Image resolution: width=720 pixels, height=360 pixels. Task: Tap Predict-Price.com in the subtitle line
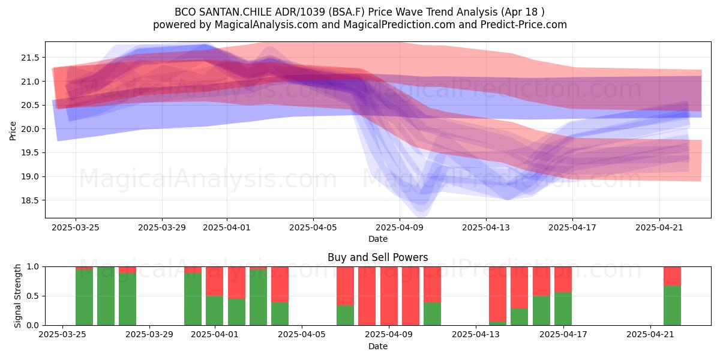[523, 25]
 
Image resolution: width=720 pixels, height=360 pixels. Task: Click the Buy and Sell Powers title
[377, 257]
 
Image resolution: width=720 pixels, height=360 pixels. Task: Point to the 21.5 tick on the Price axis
[30, 58]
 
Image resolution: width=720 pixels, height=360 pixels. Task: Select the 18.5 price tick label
[30, 200]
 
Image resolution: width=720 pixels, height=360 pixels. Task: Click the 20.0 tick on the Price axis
[30, 129]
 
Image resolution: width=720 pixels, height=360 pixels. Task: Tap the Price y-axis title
[13, 131]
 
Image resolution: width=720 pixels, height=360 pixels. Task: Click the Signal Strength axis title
[17, 296]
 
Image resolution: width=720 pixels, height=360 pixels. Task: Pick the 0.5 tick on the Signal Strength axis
[34, 296]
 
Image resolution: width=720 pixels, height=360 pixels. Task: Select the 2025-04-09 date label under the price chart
[400, 227]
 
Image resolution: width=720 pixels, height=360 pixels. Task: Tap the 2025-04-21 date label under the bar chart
[650, 335]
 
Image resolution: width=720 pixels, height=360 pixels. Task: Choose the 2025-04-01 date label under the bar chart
[215, 335]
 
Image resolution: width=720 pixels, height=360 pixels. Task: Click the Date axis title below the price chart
[377, 239]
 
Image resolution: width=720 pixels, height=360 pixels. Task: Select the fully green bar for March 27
[106, 296]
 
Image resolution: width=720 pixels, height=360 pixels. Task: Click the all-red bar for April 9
[389, 296]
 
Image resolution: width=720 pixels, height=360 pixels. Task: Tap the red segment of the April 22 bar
[672, 276]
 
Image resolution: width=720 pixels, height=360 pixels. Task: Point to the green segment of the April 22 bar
[672, 305]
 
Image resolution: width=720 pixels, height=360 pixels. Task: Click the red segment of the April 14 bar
[497, 294]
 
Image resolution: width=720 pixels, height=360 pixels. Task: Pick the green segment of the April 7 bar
[345, 316]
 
